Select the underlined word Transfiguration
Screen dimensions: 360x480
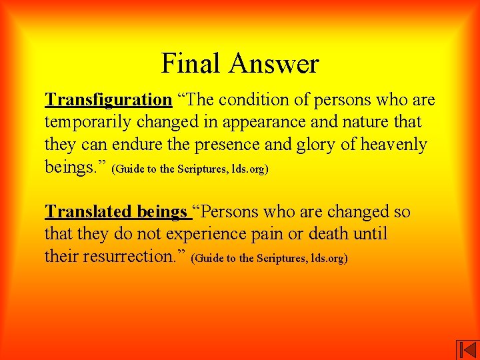coord(109,100)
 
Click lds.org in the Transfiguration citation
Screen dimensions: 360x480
coord(247,169)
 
